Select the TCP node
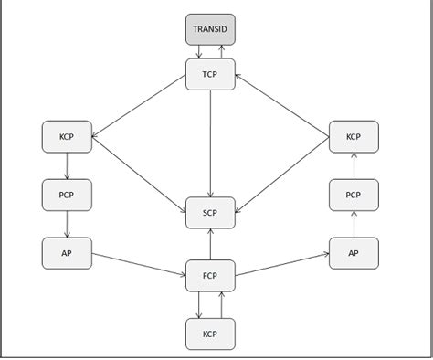click(x=211, y=74)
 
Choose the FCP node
click(x=211, y=275)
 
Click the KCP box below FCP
click(x=211, y=334)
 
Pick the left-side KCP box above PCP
click(x=67, y=136)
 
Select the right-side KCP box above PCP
click(x=354, y=136)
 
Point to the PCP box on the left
click(x=67, y=195)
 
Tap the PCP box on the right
click(x=354, y=195)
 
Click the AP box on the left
click(x=67, y=252)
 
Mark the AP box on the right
click(x=354, y=252)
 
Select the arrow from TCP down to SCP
click(x=211, y=142)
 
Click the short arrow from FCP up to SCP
click(x=211, y=244)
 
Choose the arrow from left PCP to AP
click(x=67, y=224)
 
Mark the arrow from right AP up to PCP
click(x=354, y=224)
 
